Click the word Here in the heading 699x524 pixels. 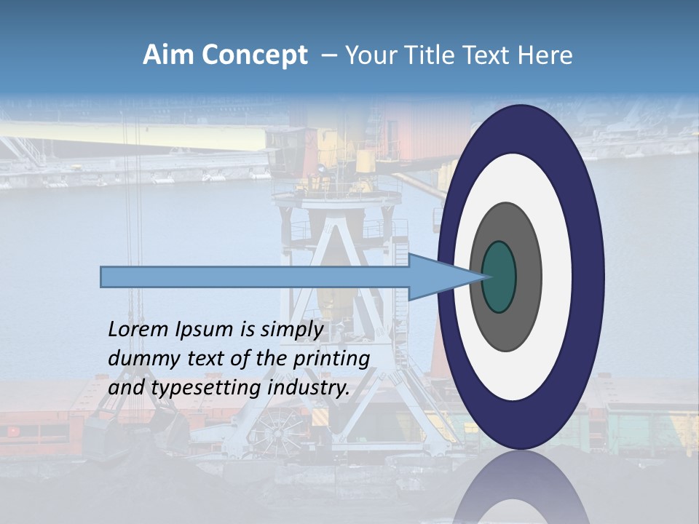[x=545, y=55]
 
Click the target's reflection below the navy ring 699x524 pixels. [x=521, y=491]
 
